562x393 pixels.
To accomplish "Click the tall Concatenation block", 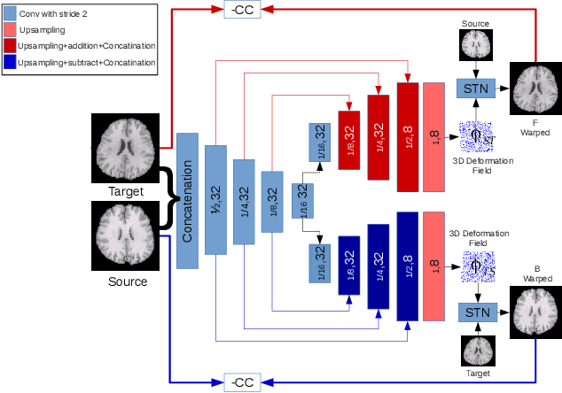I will (187, 200).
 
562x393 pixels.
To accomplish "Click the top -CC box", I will (242, 9).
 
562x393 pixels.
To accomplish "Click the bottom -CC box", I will (242, 381).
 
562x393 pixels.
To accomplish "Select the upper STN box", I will (477, 88).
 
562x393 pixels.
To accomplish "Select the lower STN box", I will (477, 312).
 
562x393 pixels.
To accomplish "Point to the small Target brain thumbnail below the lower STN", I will (477, 351).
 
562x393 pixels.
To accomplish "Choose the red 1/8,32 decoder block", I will (350, 135).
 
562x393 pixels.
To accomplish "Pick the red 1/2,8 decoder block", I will (407, 136).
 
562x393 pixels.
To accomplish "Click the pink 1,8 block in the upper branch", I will (434, 136).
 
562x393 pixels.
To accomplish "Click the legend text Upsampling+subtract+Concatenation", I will (87, 62).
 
